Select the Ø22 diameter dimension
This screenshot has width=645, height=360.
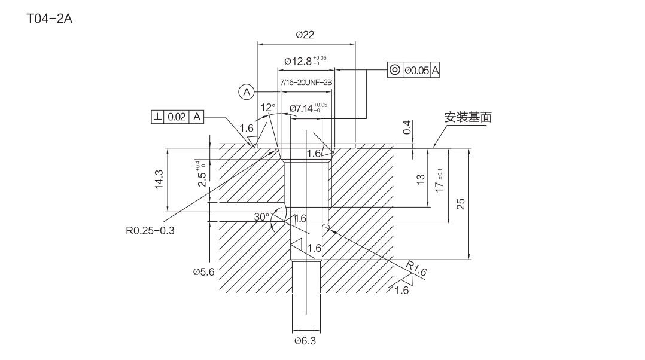click(x=305, y=35)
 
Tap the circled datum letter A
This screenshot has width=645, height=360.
click(x=246, y=91)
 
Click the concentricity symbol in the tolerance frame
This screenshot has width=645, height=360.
click(x=395, y=70)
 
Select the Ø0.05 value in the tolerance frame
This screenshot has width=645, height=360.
click(x=417, y=70)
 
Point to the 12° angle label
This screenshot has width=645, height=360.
click(x=268, y=108)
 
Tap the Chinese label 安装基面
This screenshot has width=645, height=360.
click(x=468, y=117)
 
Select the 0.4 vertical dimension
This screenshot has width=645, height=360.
click(x=407, y=127)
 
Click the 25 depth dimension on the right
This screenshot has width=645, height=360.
click(x=461, y=204)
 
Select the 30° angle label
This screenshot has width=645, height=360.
click(x=262, y=217)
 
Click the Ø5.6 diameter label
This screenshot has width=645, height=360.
click(x=203, y=271)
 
